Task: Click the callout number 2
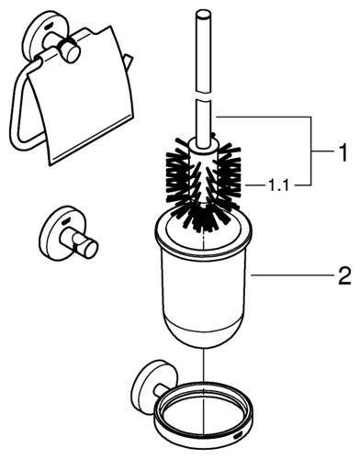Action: pos(344,276)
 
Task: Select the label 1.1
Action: pos(278,185)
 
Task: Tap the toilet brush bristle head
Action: pos(203,184)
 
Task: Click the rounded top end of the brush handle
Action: pos(203,14)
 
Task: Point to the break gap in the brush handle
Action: pos(203,95)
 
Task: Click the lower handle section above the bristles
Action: pos(203,122)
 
